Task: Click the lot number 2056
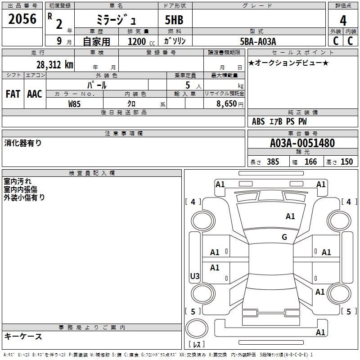pyautogui.click(x=22, y=19)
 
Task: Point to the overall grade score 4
pyautogui.click(x=343, y=21)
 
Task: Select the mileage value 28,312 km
pyautogui.click(x=54, y=65)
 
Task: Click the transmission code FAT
pyautogui.click(x=13, y=94)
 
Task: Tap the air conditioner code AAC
pyautogui.click(x=35, y=94)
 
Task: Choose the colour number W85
pyautogui.click(x=75, y=103)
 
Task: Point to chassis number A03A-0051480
pyautogui.click(x=302, y=143)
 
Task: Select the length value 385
pyautogui.click(x=273, y=162)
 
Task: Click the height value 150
pyautogui.click(x=346, y=162)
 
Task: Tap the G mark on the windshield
pyautogui.click(x=284, y=237)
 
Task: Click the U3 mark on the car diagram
pyautogui.click(x=195, y=276)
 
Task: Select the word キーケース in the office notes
pyautogui.click(x=23, y=336)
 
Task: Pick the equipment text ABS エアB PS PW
pyautogui.click(x=280, y=121)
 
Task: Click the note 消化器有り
pyautogui.click(x=23, y=143)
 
